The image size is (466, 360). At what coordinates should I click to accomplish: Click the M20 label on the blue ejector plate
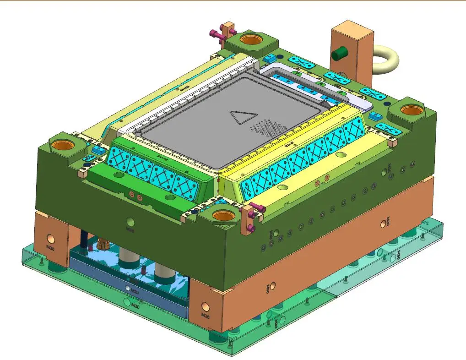135,291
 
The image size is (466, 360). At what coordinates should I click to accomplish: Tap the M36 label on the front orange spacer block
206,315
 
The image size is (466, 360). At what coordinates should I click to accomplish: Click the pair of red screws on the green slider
135,196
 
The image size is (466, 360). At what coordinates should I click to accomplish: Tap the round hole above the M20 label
127,288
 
